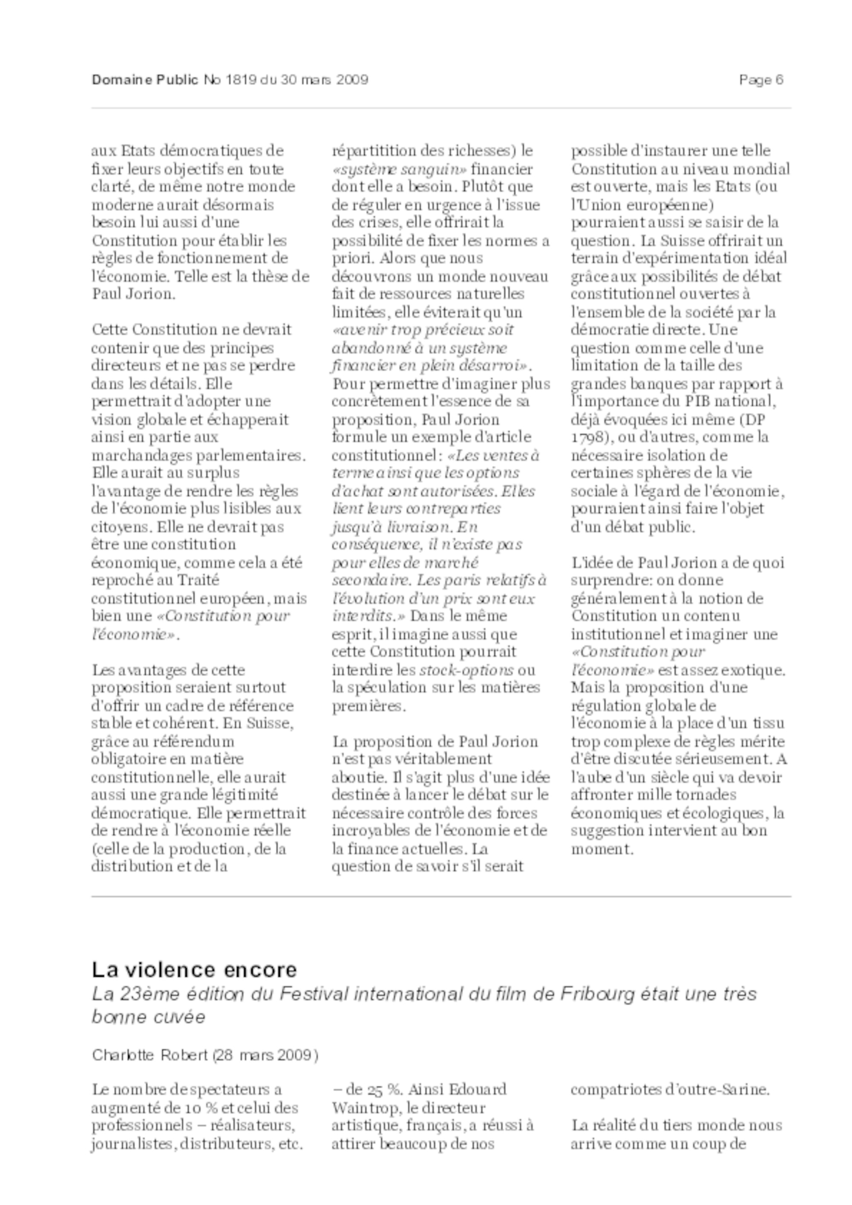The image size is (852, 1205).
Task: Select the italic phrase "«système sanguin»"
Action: tap(400, 169)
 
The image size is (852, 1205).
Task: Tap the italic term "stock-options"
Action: tap(466, 670)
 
